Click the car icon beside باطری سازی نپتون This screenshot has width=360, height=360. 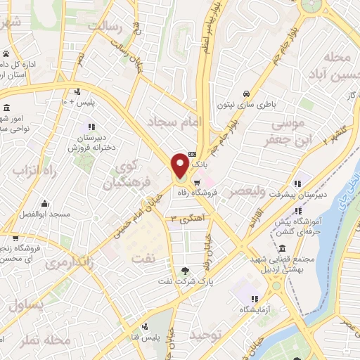(x=246, y=94)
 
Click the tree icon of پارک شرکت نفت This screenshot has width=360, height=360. (x=185, y=270)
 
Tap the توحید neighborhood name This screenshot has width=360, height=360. (x=208, y=335)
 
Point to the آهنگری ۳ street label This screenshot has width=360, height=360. (x=184, y=219)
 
